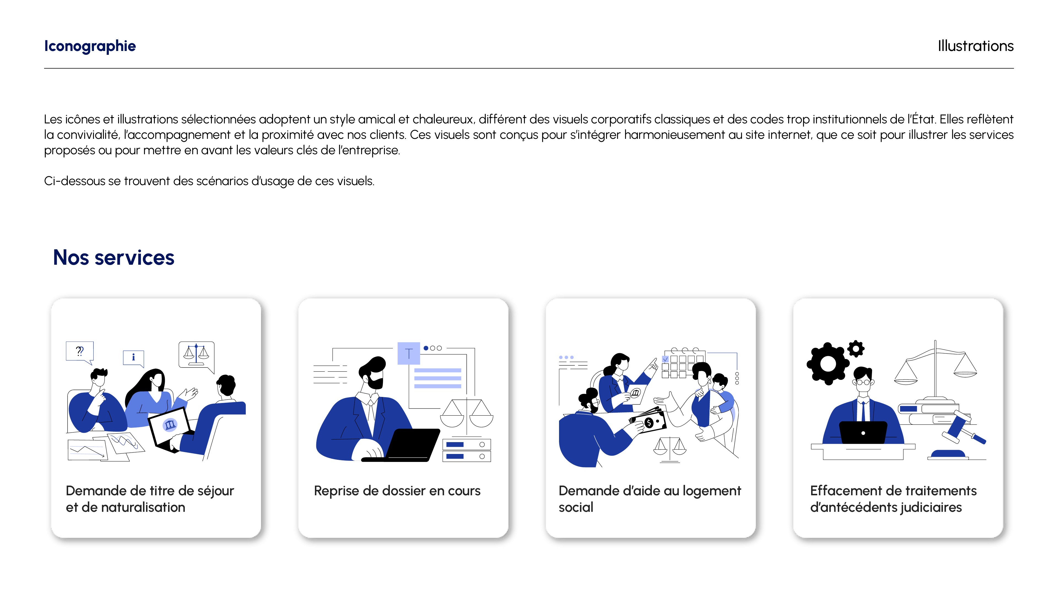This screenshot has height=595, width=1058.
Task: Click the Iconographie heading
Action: tap(90, 46)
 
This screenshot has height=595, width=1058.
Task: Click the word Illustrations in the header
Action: tap(975, 46)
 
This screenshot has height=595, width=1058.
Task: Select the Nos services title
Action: tap(114, 258)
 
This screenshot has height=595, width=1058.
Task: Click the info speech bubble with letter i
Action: tap(133, 358)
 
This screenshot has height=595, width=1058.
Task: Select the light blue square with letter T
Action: tap(409, 353)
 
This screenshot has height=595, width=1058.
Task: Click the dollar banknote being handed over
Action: tap(648, 422)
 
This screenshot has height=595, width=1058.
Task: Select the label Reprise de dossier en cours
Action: tap(397, 491)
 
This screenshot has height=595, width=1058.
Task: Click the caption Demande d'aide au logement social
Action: tap(650, 499)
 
